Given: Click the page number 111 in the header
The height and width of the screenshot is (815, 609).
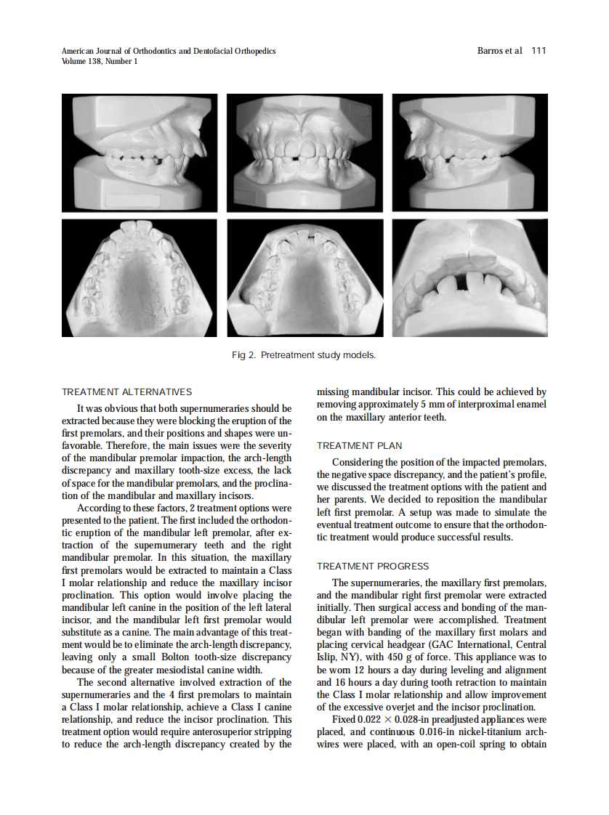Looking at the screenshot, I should [539, 51].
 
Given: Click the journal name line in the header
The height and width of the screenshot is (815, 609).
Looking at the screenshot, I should [169, 51].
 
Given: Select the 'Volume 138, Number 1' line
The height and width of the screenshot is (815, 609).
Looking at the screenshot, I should [100, 62].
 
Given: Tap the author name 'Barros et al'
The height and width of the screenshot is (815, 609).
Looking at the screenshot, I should [499, 51].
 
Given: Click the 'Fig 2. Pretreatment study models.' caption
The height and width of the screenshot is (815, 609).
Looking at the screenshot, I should [304, 355].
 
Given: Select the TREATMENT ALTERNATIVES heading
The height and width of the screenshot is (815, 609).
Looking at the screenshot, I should [126, 392].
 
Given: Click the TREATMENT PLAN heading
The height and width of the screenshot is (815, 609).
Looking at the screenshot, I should [359, 446].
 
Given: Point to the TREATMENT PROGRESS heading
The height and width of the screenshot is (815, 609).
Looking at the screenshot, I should [373, 567].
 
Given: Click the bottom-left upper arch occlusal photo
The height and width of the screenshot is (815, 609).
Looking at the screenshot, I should [140, 277].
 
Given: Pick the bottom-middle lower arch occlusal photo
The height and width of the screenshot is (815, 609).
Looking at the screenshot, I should [304, 277].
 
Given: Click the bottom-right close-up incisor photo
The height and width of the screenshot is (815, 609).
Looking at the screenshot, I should [469, 277].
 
